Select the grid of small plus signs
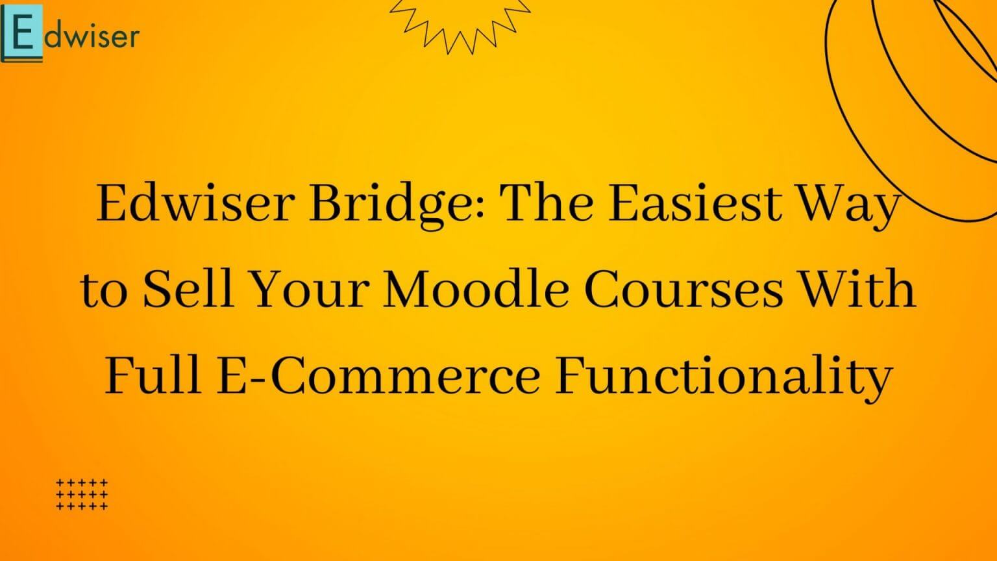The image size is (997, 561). coord(82,494)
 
